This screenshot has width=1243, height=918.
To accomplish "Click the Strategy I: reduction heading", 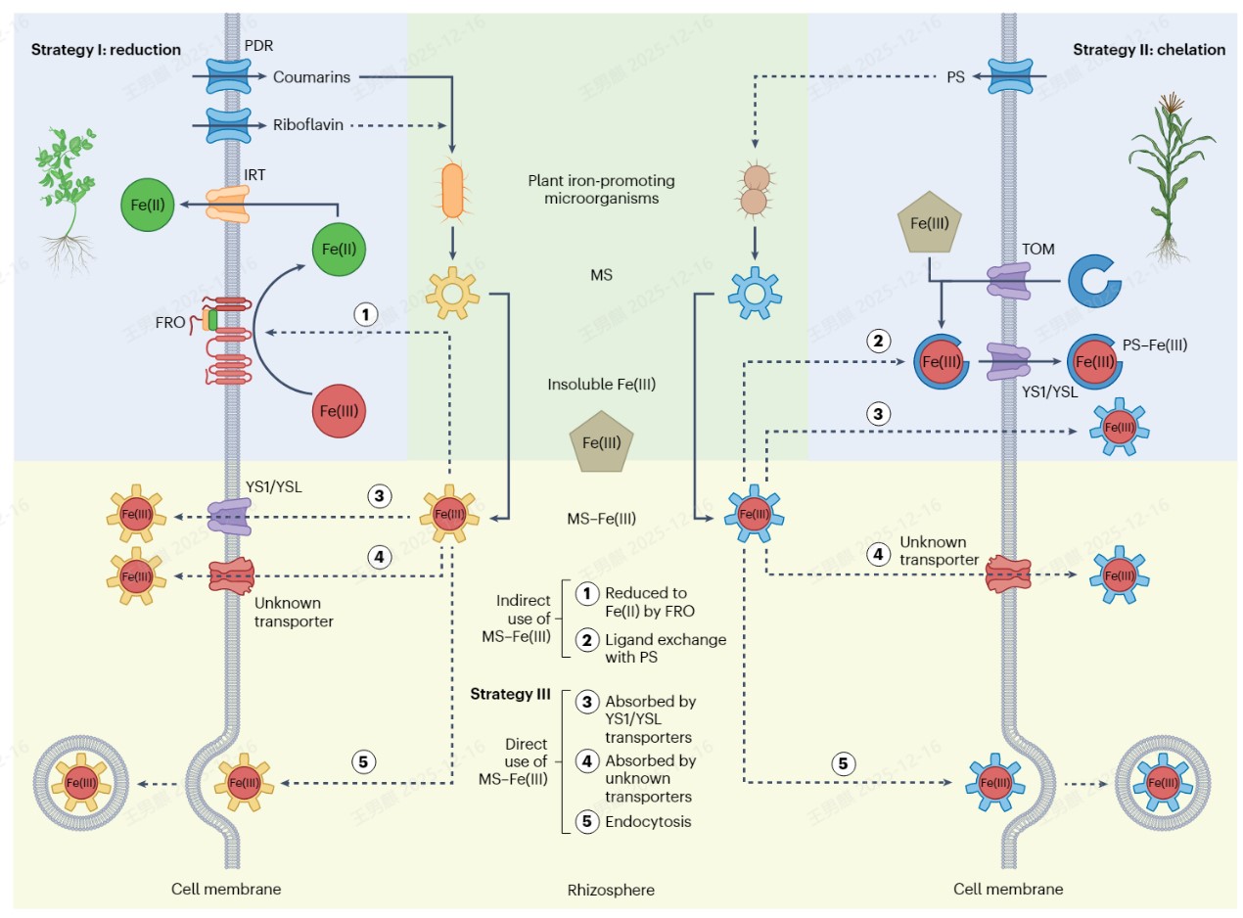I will pos(106,50).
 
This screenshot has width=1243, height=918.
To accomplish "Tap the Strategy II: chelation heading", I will pos(1148,50).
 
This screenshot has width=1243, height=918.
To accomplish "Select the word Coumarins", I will pos(311,76).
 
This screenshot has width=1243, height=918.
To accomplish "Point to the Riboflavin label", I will pos(307,125).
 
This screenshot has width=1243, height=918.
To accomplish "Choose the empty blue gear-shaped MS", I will pos(754,292).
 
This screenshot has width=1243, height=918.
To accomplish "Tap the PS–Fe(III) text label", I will pos(1155,344).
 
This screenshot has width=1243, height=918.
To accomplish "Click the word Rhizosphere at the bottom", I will pos(611,890).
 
